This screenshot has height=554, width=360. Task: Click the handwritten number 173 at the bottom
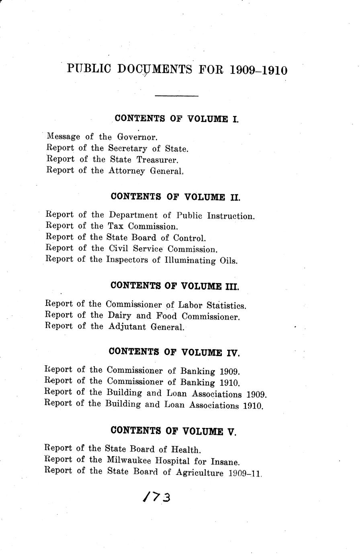(157, 497)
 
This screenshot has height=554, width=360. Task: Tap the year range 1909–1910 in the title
(259, 70)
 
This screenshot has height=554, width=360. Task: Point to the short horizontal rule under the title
(177, 96)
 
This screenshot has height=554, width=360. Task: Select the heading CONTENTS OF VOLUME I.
(177, 119)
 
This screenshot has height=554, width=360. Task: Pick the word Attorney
(127, 171)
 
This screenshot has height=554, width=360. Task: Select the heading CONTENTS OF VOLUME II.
(175, 197)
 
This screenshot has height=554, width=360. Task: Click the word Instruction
(231, 216)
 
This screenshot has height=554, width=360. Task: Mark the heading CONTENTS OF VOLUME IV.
(174, 352)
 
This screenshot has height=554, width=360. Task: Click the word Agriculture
(199, 473)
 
